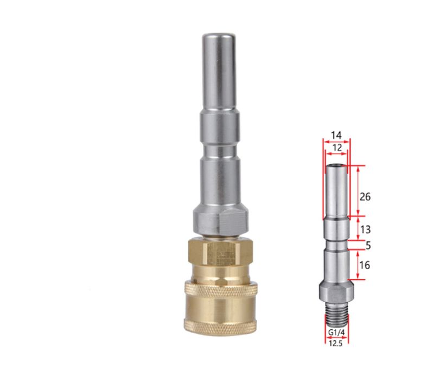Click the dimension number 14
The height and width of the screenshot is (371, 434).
(x=337, y=135)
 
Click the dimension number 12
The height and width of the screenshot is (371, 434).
(x=337, y=147)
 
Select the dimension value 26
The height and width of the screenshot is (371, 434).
(x=365, y=197)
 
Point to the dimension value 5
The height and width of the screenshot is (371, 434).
(x=368, y=246)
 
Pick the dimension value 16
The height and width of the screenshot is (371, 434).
(x=365, y=265)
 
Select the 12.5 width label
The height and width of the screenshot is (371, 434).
(x=336, y=342)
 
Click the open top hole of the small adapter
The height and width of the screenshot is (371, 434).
(x=336, y=167)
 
